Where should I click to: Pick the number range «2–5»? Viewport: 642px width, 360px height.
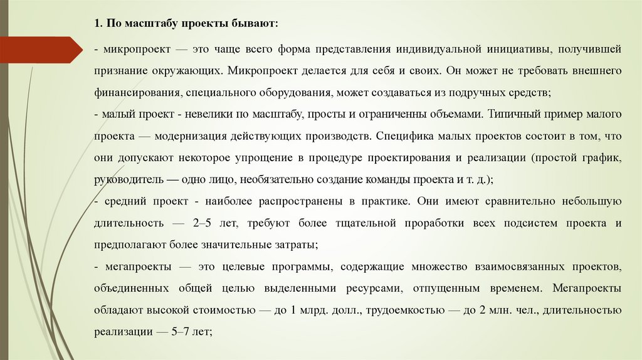[x=204, y=223]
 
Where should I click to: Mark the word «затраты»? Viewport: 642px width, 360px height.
[x=298, y=245]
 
